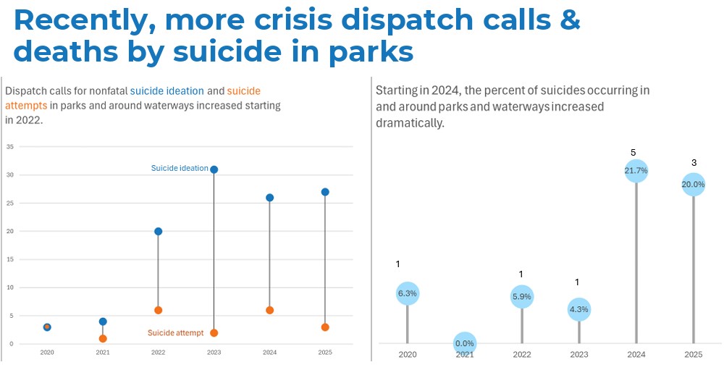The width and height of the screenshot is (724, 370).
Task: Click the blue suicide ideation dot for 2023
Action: point(214,169)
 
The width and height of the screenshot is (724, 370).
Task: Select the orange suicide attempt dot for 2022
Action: point(158,310)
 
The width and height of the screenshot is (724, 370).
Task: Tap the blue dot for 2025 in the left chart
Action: point(325,192)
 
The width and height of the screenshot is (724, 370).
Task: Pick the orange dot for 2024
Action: point(270,310)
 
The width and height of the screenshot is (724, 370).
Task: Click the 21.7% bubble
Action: point(636,171)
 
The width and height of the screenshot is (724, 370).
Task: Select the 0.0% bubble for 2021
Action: point(464,343)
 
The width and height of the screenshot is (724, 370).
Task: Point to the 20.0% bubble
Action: point(693,184)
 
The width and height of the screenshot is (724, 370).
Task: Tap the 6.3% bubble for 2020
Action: point(408,293)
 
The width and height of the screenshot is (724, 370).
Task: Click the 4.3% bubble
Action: point(579,309)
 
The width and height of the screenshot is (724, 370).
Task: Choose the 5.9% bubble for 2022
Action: point(522,296)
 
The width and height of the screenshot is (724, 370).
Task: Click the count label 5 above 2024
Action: point(633,153)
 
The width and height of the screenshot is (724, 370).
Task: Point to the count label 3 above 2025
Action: point(694,162)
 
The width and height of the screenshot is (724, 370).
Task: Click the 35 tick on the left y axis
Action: point(10,146)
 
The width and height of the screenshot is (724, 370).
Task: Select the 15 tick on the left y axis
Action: point(10,259)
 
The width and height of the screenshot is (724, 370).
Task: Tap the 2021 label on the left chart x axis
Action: point(103,353)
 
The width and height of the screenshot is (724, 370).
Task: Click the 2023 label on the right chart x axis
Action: point(579,354)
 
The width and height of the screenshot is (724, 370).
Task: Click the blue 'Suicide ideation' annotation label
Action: point(180,169)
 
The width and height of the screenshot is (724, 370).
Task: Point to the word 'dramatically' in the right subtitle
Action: point(410,123)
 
